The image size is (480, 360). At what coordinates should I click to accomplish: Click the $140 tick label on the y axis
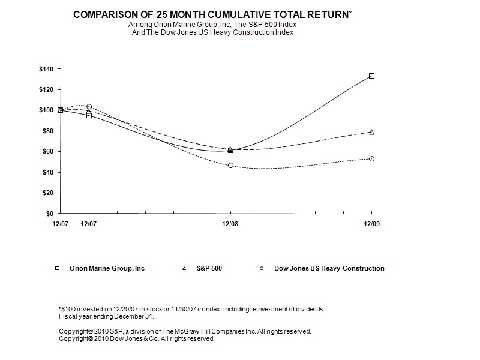point(46,69)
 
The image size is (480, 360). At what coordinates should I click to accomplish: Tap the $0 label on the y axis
point(50,213)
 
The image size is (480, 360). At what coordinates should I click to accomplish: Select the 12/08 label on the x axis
point(230,223)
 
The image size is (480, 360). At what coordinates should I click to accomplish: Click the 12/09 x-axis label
point(371,223)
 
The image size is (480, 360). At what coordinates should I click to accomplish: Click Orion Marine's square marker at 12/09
point(372,76)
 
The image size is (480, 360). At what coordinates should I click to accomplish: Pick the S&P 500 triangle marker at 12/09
point(372,132)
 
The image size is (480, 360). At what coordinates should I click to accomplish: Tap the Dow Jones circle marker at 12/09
point(372,159)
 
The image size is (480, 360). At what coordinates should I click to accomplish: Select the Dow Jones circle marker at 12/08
point(231,165)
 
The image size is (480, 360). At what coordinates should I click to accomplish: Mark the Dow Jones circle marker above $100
point(89,106)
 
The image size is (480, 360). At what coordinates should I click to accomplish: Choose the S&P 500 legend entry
point(210,268)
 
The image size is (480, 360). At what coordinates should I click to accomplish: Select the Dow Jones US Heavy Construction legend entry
point(329,268)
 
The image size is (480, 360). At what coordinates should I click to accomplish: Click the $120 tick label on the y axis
point(46,89)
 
